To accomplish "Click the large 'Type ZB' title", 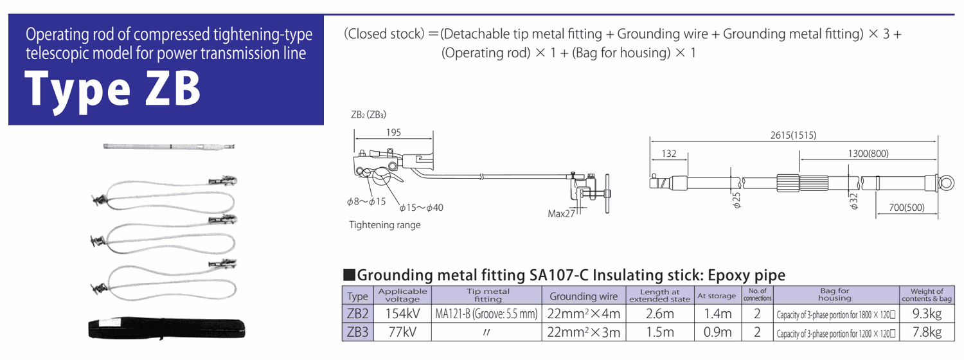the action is click(x=112, y=89).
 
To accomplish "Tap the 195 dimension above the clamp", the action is click(x=393, y=132).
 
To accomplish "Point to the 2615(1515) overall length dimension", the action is click(x=793, y=135).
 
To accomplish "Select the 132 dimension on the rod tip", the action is click(x=669, y=153).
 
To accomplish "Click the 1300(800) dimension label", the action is click(x=868, y=153).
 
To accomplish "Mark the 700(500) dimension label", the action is click(x=907, y=208).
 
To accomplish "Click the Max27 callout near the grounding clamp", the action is click(x=561, y=213).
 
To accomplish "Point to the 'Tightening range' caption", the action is click(x=385, y=225).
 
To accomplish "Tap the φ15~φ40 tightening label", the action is click(x=422, y=208).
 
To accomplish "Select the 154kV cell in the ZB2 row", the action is click(x=402, y=314).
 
